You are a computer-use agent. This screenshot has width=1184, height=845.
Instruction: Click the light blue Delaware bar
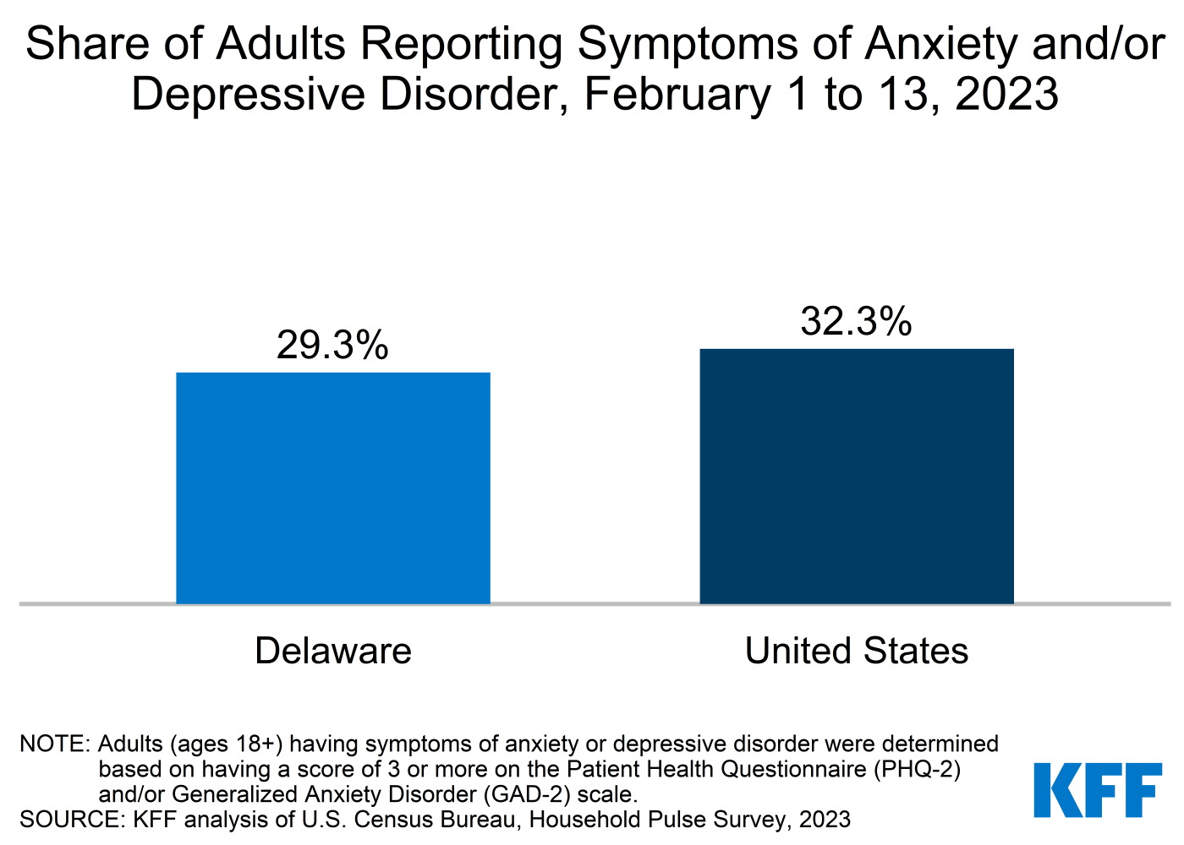pyautogui.click(x=332, y=488)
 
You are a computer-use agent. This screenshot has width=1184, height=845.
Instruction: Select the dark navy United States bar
pyautogui.click(x=856, y=477)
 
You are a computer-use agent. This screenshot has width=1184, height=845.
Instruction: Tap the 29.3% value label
pyautogui.click(x=332, y=345)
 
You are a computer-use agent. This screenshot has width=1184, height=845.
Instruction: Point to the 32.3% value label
pyautogui.click(x=856, y=321)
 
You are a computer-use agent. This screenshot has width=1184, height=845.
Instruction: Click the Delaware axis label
pyautogui.click(x=332, y=651)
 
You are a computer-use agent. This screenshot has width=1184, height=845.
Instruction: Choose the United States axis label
pyautogui.click(x=856, y=651)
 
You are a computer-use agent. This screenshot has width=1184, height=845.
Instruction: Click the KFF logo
pyautogui.click(x=1098, y=790)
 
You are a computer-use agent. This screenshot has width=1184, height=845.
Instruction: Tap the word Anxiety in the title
pyautogui.click(x=939, y=44)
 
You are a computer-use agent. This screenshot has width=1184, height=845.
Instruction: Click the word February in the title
pyautogui.click(x=677, y=94)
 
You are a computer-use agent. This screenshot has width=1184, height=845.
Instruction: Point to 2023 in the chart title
pyautogui.click(x=1006, y=94)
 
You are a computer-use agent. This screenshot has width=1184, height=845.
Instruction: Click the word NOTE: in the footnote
pyautogui.click(x=54, y=744)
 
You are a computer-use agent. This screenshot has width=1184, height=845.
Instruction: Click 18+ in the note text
pyautogui.click(x=254, y=744)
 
